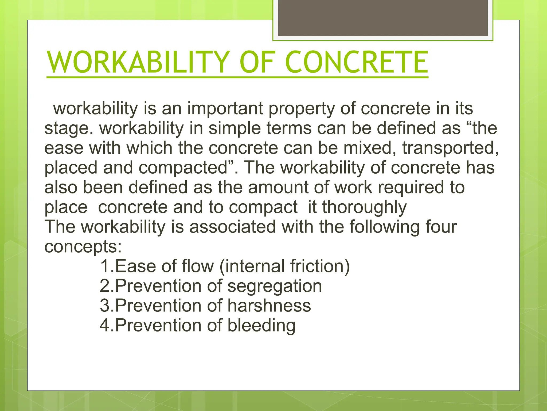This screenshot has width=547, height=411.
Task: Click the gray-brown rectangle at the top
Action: (x=383, y=18)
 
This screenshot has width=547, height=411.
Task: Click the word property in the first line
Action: (x=302, y=109)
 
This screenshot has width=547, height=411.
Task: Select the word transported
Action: (x=450, y=148)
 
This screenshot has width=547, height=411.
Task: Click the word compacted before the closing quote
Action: (x=183, y=168)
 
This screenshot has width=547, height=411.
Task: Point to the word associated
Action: (x=232, y=227)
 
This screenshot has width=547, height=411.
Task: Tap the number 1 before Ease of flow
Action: (x=104, y=266)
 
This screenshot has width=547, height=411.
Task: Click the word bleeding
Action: (x=261, y=325)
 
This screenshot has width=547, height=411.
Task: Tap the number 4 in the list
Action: (x=104, y=325)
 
